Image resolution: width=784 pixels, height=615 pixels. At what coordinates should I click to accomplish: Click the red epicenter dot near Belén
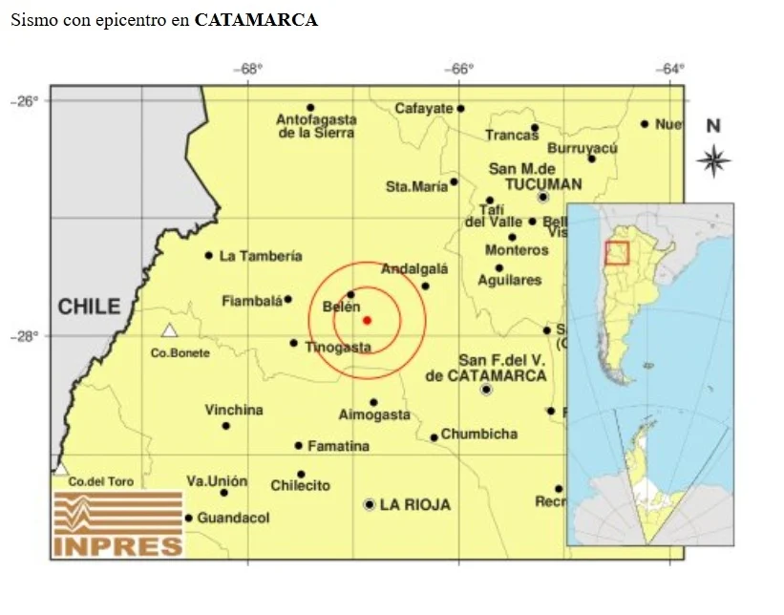tap(367, 320)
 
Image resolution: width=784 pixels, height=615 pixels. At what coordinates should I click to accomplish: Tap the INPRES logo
tap(117, 524)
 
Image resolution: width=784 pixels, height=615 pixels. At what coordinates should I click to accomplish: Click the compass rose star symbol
tap(712, 160)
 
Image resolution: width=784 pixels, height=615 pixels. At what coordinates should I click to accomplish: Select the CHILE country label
tap(90, 307)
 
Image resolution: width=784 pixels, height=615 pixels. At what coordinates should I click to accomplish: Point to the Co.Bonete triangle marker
tap(169, 330)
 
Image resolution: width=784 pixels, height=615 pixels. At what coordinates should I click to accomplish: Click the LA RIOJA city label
tap(414, 504)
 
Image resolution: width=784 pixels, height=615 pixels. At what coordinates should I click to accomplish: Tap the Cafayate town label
tap(424, 108)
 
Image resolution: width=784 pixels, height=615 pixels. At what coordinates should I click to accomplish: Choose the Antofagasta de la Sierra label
tap(316, 126)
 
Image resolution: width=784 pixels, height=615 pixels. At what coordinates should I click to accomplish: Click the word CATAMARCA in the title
tap(256, 20)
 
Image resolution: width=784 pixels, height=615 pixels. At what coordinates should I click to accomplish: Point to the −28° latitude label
tap(24, 335)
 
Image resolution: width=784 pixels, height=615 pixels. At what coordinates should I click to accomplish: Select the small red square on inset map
tap(617, 252)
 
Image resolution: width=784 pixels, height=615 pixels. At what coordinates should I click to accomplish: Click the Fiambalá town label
tap(252, 301)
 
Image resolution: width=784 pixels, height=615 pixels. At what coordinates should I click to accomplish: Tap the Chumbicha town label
tap(478, 434)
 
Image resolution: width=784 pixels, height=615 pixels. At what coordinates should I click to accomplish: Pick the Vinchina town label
tap(234, 410)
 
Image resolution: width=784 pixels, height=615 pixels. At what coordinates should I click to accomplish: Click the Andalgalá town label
tap(414, 269)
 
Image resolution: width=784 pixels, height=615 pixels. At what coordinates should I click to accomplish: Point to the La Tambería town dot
tap(208, 255)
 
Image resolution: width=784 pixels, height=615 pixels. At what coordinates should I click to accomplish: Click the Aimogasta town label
tap(374, 414)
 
